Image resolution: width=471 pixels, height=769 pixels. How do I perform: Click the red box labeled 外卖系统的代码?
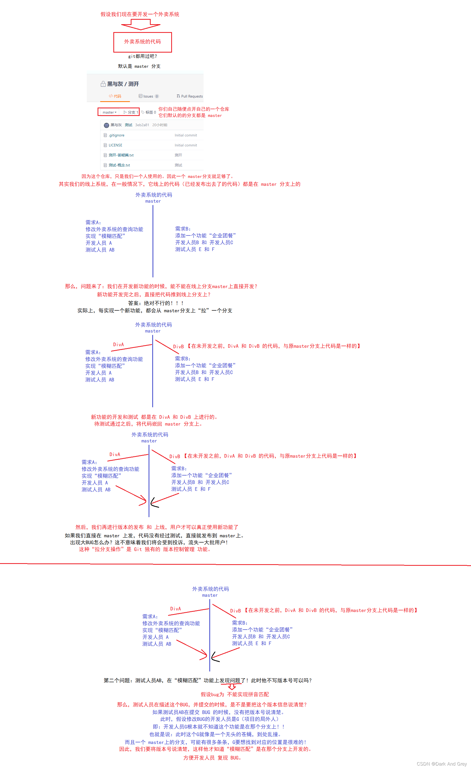[x=142, y=42]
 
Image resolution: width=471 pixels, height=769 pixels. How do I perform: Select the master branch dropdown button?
[x=109, y=112]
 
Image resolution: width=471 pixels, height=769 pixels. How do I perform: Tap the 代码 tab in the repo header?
[x=115, y=96]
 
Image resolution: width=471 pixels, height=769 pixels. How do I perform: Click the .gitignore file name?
[x=117, y=135]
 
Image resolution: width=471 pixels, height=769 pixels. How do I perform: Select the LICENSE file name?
[x=115, y=145]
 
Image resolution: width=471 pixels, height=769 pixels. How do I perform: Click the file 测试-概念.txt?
[x=119, y=165]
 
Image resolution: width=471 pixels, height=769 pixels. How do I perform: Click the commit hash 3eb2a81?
[x=142, y=125]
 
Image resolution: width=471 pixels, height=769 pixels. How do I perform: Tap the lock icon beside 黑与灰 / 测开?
[x=103, y=84]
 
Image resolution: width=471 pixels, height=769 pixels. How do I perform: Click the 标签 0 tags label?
[x=149, y=112]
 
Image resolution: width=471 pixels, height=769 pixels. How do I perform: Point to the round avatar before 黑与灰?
[x=107, y=125]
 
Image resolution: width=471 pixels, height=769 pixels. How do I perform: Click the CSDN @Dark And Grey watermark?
[x=441, y=764]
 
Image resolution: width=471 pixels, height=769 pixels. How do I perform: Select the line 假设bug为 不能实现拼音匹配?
[x=235, y=694]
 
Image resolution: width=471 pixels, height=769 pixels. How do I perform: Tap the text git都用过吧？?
[x=143, y=57]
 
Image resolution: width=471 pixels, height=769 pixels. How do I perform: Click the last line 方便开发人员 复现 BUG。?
[x=212, y=758]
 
